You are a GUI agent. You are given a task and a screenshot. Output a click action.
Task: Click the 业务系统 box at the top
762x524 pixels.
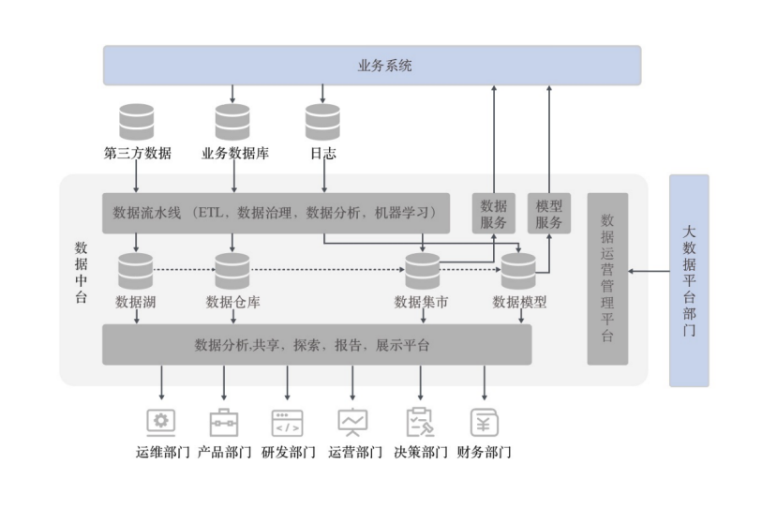click(372, 65)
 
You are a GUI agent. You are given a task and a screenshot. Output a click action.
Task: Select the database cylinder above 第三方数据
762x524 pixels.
click(137, 122)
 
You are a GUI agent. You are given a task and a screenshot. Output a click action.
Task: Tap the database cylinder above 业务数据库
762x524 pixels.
click(232, 122)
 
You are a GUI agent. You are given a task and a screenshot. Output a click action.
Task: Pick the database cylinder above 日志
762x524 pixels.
click(322, 122)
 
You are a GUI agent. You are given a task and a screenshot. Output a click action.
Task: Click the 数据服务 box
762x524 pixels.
click(494, 214)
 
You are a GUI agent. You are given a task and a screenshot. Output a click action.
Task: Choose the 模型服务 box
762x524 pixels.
click(549, 214)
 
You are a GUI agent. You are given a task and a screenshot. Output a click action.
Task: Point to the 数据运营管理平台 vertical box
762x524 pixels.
click(607, 278)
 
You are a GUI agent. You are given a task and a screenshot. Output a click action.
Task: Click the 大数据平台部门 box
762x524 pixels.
click(689, 280)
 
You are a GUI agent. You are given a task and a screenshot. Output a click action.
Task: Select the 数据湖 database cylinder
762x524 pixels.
click(136, 271)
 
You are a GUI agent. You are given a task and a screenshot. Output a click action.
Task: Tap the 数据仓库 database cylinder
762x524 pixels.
click(232, 271)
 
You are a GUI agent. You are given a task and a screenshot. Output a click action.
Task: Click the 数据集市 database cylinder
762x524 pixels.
click(423, 271)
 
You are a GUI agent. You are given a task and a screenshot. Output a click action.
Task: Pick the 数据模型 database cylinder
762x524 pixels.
click(518, 271)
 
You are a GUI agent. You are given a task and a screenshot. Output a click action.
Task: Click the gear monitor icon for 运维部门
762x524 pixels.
click(161, 423)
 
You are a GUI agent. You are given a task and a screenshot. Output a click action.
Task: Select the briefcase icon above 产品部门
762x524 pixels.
click(224, 423)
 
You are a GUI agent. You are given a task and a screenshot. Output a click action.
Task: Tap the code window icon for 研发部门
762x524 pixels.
click(287, 423)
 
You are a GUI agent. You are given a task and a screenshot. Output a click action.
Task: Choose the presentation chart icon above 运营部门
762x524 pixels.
click(352, 422)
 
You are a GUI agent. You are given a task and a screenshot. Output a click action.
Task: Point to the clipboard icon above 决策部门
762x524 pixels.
click(420, 422)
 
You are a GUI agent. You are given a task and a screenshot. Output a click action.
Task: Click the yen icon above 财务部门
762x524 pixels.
click(485, 423)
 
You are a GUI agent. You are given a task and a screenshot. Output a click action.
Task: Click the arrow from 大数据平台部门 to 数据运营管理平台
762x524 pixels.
click(649, 271)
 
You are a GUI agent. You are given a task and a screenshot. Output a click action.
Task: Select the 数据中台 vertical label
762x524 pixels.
click(82, 272)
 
